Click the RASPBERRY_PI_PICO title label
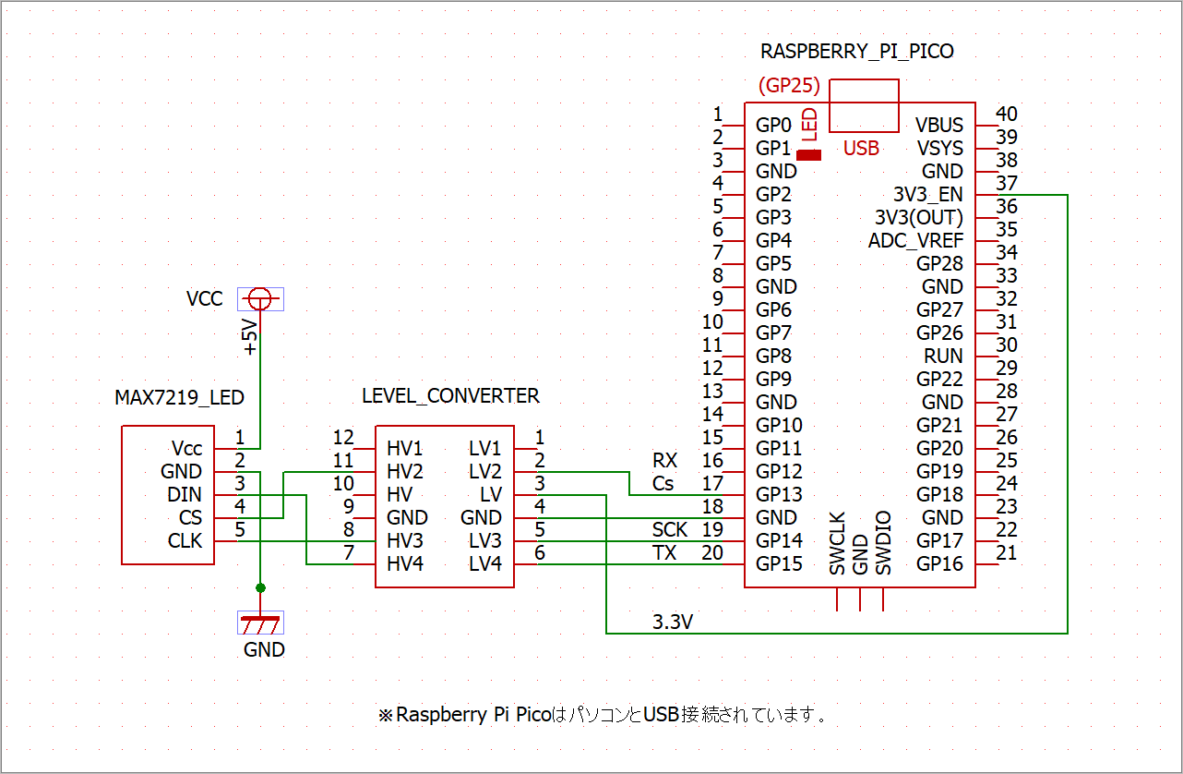pyautogui.click(x=856, y=52)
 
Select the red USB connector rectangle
pyautogui.click(x=864, y=79)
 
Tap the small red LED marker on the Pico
pyautogui.click(x=808, y=155)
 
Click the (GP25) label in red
pyautogui.click(x=789, y=85)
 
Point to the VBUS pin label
pyautogui.click(x=939, y=126)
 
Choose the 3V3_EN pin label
pyautogui.click(x=928, y=195)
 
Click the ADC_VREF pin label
pyautogui.click(x=915, y=241)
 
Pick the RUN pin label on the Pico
pyautogui.click(x=943, y=357)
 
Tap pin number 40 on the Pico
pyautogui.click(x=1007, y=114)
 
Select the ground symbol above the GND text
pyautogui.click(x=260, y=623)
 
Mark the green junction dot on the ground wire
pyautogui.click(x=260, y=588)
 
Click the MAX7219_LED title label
pyautogui.click(x=180, y=397)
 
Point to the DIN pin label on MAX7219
pyautogui.click(x=185, y=495)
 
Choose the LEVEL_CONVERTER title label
pyautogui.click(x=450, y=396)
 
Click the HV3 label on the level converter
pyautogui.click(x=404, y=541)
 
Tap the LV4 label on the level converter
pyautogui.click(x=484, y=564)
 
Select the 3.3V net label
pyautogui.click(x=673, y=623)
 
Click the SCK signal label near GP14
pyautogui.click(x=670, y=530)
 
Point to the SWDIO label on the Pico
pyautogui.click(x=883, y=543)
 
